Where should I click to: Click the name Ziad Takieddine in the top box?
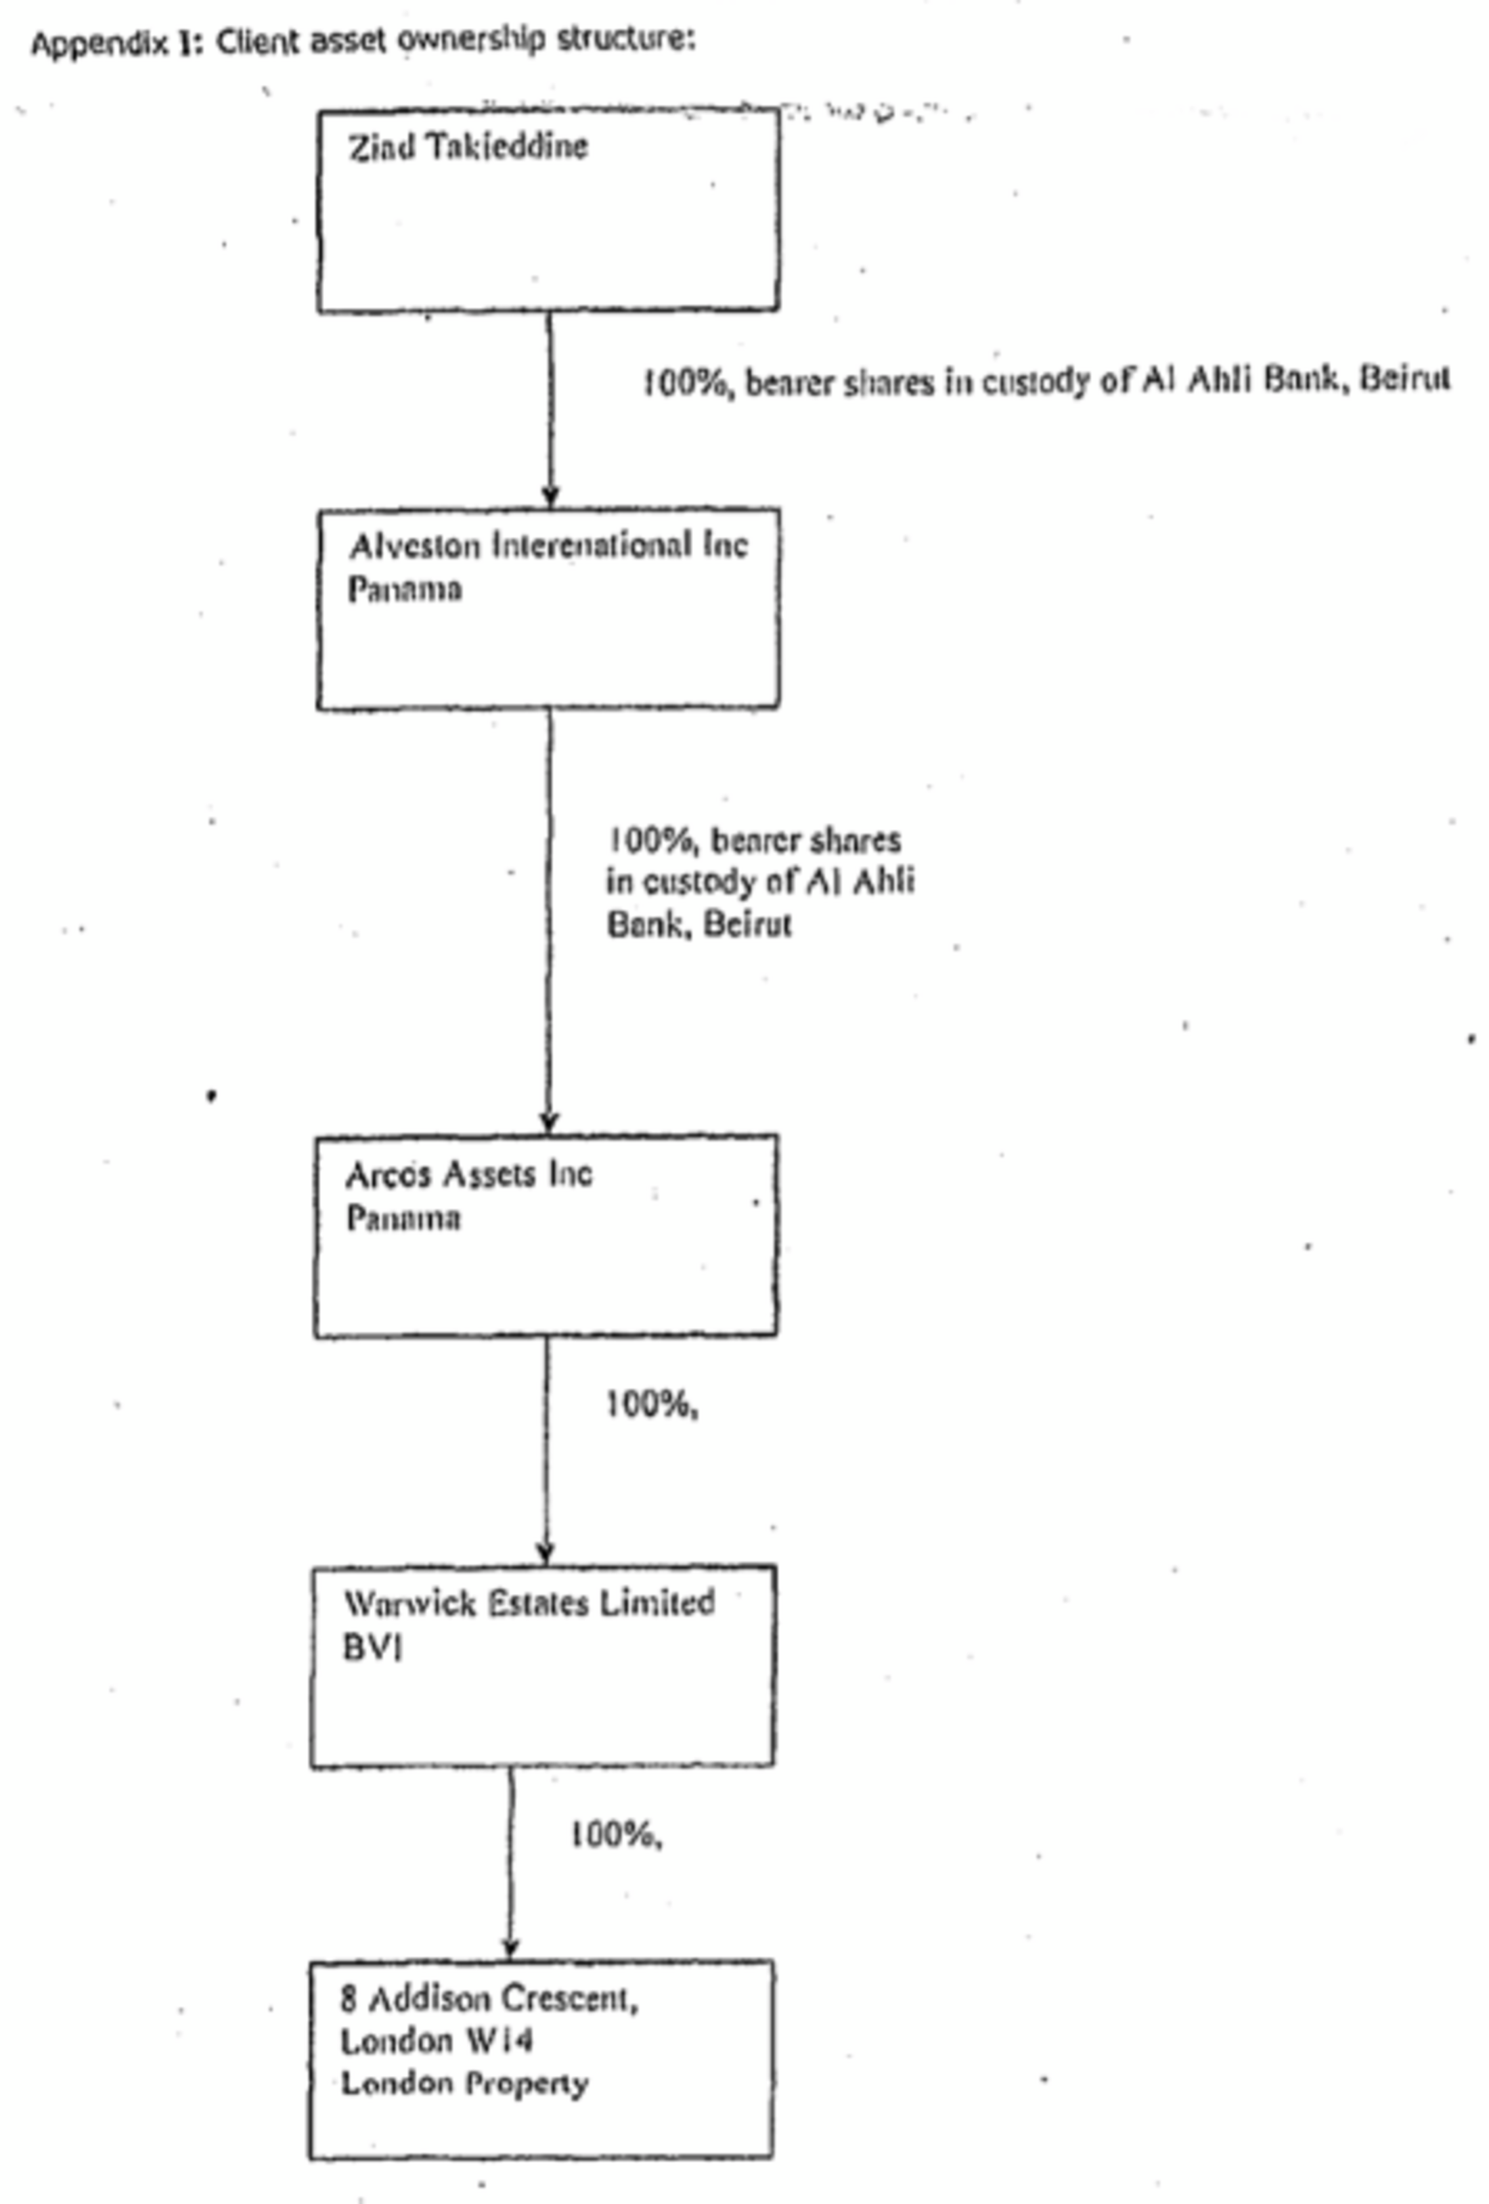click(x=468, y=147)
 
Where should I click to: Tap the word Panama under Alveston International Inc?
click(x=405, y=589)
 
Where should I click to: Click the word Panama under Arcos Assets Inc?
click(x=403, y=1218)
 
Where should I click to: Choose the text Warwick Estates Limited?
click(x=529, y=1603)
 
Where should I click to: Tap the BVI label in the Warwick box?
click(x=373, y=1648)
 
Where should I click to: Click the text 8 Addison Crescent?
click(x=489, y=1998)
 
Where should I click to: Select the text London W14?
click(x=437, y=2040)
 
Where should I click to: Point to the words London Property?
click(x=465, y=2083)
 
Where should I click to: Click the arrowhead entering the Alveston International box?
click(x=549, y=497)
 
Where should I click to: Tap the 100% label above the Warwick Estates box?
click(x=652, y=1404)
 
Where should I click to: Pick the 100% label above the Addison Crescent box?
click(x=615, y=1835)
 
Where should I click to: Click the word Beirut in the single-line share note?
click(x=1404, y=378)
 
